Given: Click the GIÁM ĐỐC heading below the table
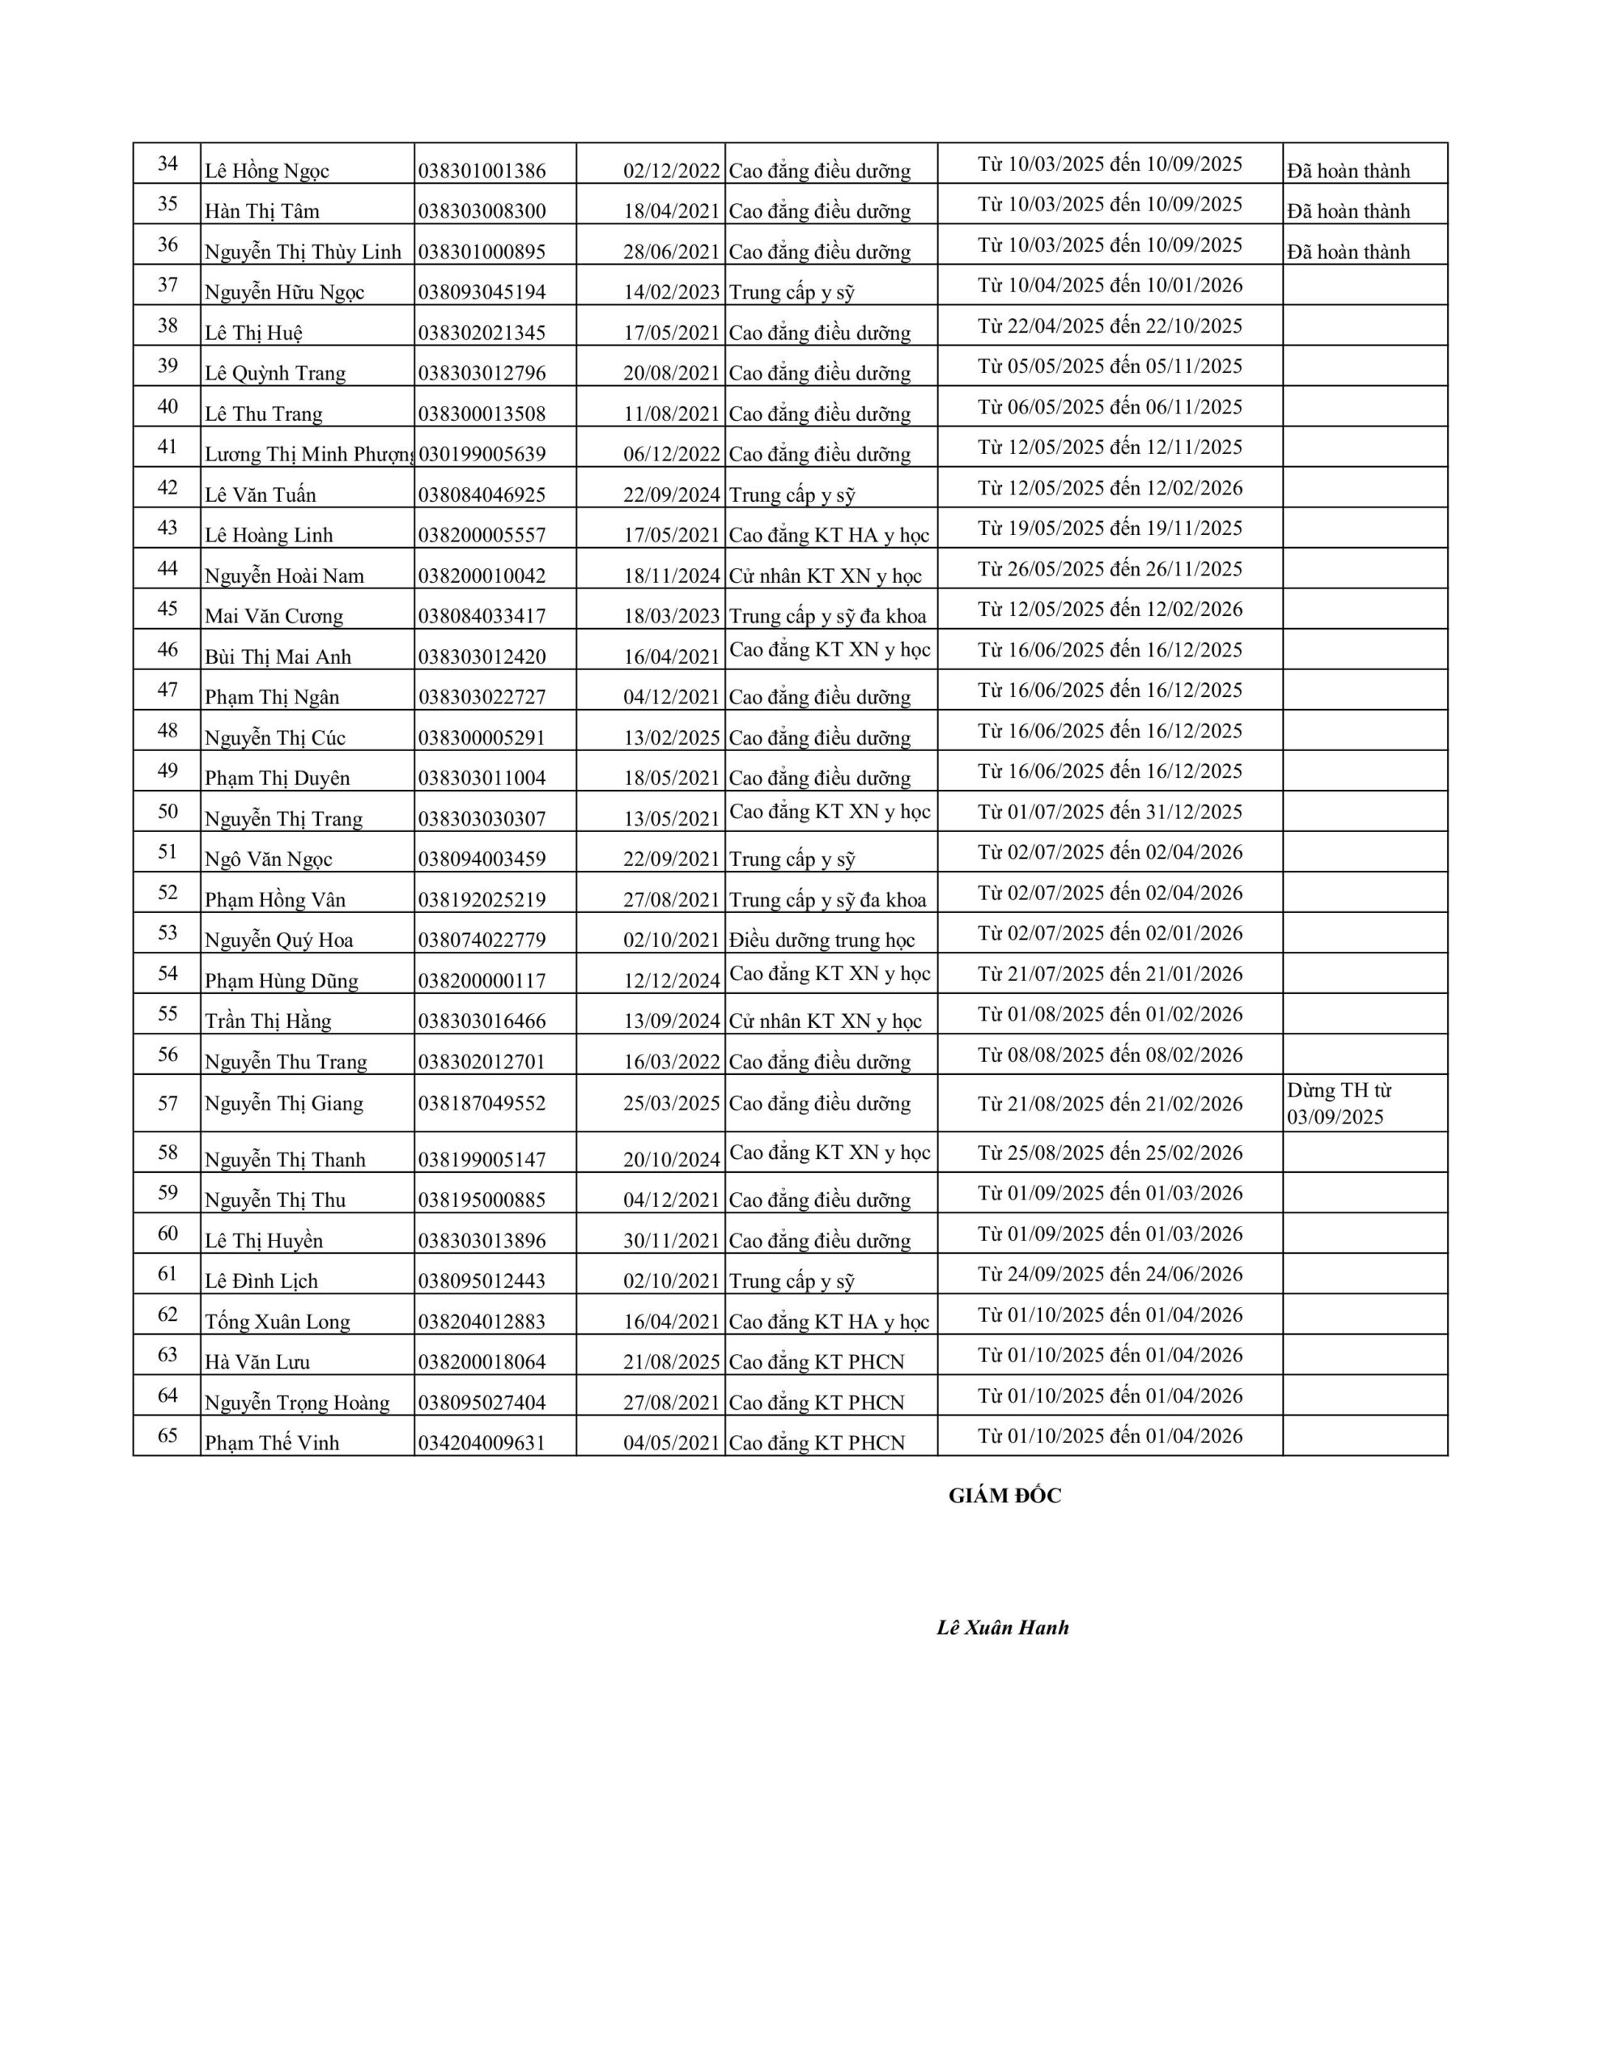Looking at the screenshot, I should (1004, 1496).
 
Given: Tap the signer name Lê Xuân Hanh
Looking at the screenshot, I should (1002, 1628).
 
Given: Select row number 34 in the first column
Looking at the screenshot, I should (168, 163).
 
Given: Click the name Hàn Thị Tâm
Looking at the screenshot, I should (262, 211).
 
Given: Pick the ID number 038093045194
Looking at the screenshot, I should (482, 292).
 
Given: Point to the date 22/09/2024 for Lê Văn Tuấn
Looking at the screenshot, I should (671, 495).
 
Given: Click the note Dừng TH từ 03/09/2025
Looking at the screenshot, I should (1338, 1103).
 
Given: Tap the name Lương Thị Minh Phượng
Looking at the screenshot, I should (309, 454).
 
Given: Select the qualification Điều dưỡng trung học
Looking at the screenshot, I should (822, 940).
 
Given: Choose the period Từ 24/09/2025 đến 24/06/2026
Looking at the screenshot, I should (1110, 1274).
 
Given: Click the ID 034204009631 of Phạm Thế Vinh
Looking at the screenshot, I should (482, 1443).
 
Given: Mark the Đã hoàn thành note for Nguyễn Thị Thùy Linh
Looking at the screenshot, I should (1348, 252).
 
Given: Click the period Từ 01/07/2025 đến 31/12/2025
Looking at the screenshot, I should (1110, 812).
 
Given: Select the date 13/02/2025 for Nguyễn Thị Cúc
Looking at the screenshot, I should (671, 738).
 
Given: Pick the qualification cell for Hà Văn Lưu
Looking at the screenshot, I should (816, 1362).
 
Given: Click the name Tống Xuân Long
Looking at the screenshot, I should (277, 1322).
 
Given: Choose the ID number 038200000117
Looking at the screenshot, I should (482, 981).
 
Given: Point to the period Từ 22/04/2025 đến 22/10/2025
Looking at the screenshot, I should (1110, 326).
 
